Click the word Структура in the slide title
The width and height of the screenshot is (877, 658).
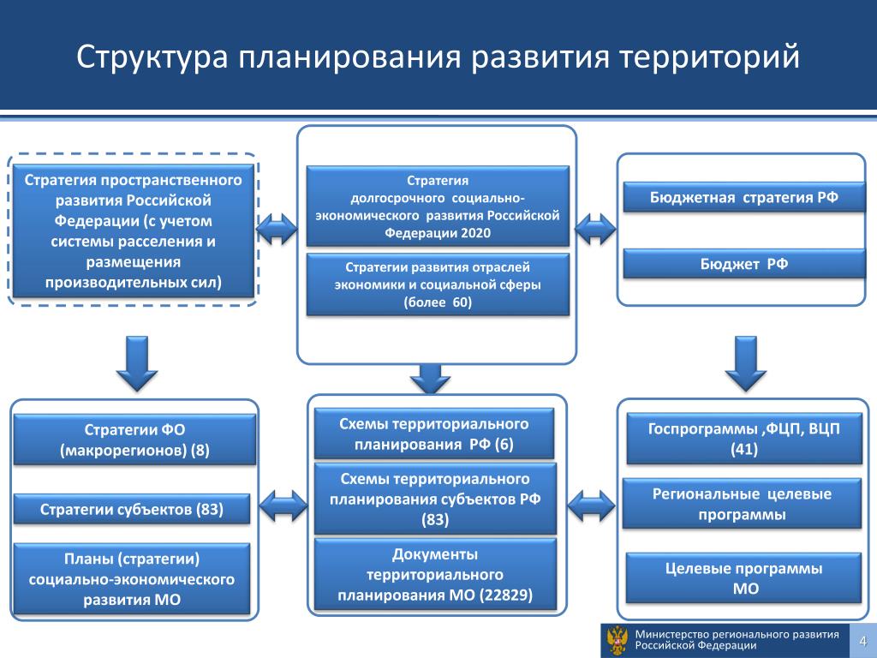tap(151, 57)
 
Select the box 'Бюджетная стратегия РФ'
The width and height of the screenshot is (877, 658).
tap(743, 197)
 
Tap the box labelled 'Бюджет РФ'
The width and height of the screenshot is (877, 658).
tap(743, 263)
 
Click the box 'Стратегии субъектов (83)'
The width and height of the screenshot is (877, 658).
tap(132, 510)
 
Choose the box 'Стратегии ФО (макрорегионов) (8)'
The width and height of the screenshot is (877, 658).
tap(134, 440)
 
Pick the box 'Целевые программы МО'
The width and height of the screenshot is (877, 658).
tap(743, 578)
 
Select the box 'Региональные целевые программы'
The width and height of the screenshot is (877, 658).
tap(742, 505)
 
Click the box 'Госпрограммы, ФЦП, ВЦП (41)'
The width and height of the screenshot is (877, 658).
tap(743, 439)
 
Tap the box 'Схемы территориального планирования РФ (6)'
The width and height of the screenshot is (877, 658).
tap(433, 434)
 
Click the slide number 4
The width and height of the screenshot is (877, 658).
tap(863, 642)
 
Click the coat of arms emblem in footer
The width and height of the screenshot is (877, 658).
tap(616, 641)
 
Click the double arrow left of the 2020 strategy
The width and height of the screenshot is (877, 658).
tap(277, 229)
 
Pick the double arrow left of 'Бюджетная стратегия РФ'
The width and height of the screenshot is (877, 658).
tap(594, 229)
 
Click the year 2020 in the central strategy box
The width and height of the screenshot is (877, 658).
tap(475, 233)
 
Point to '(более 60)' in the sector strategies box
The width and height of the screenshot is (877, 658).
tap(438, 302)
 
